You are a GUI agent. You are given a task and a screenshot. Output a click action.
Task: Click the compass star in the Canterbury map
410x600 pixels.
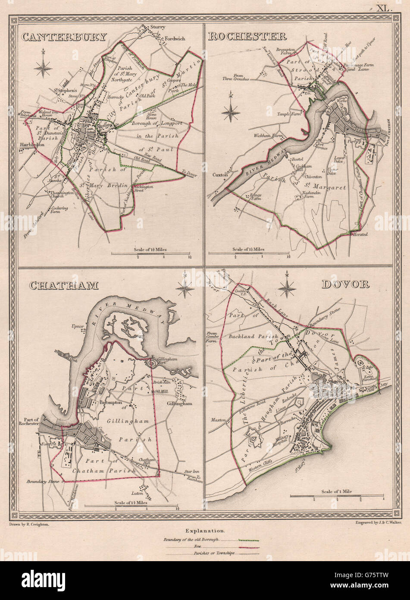43,66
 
